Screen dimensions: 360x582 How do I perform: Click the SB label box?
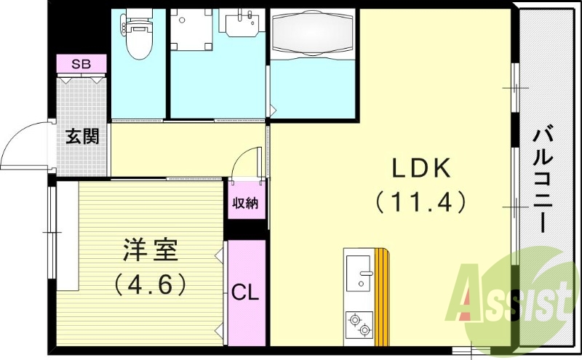tap(81, 63)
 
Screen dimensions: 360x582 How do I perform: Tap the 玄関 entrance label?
tap(82, 136)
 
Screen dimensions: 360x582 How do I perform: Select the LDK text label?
tap(422, 169)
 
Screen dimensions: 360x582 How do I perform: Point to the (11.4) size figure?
tap(422, 201)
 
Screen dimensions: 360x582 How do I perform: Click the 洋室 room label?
tap(151, 252)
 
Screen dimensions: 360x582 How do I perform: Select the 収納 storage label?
tap(245, 203)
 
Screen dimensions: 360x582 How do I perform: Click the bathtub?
tap(312, 32)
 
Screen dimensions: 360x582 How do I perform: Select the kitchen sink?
tap(359, 273)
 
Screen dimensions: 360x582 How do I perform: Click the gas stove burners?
tap(359, 324)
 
